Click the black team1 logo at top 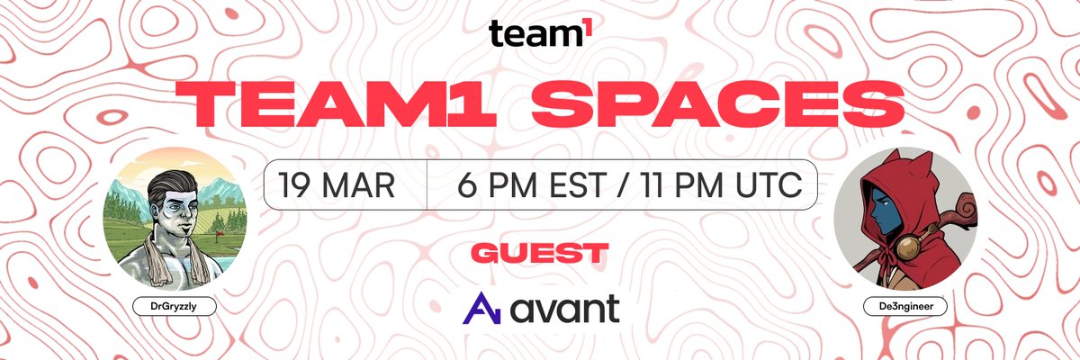[x=540, y=33]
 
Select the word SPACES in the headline [x=712, y=106]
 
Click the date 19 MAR [x=337, y=184]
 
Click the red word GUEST [x=539, y=252]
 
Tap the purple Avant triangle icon [x=478, y=309]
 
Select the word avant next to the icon [x=565, y=309]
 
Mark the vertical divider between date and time [x=427, y=184]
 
